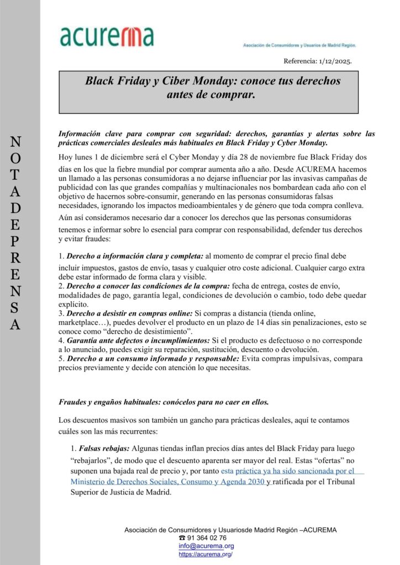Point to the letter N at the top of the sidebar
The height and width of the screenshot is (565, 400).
tap(16, 142)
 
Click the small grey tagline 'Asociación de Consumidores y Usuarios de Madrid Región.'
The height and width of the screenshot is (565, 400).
tap(299, 45)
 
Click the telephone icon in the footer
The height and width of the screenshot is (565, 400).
tap(182, 537)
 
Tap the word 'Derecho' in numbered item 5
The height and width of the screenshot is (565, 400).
tap(83, 359)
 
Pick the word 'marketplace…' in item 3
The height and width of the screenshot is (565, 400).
tap(84, 322)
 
